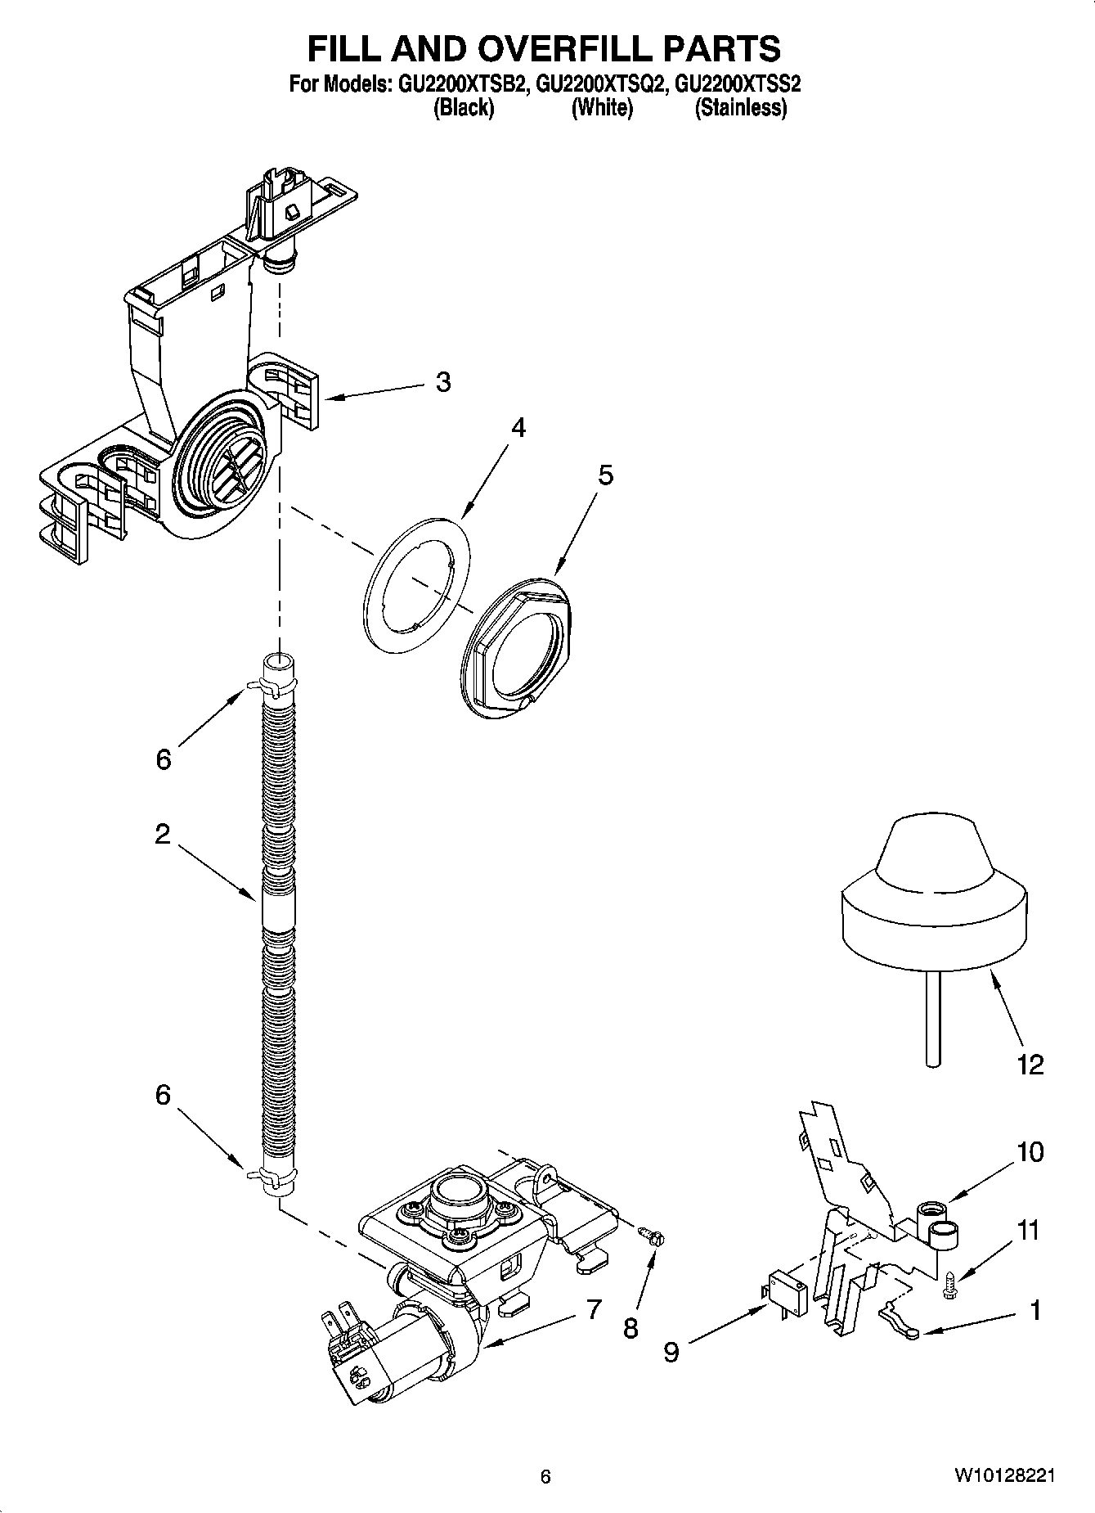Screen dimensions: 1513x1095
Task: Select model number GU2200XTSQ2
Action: pos(598,83)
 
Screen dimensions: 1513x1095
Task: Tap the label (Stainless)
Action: pos(740,108)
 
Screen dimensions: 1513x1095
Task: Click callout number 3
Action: pos(442,382)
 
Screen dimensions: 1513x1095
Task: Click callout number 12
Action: pos(1030,1065)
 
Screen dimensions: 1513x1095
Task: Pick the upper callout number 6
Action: pos(164,759)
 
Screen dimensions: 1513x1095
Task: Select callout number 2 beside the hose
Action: pos(162,834)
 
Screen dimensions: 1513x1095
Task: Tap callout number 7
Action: pos(594,1308)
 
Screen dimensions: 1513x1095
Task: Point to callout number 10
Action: pos(1030,1151)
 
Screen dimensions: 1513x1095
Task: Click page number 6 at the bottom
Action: pos(545,1477)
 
